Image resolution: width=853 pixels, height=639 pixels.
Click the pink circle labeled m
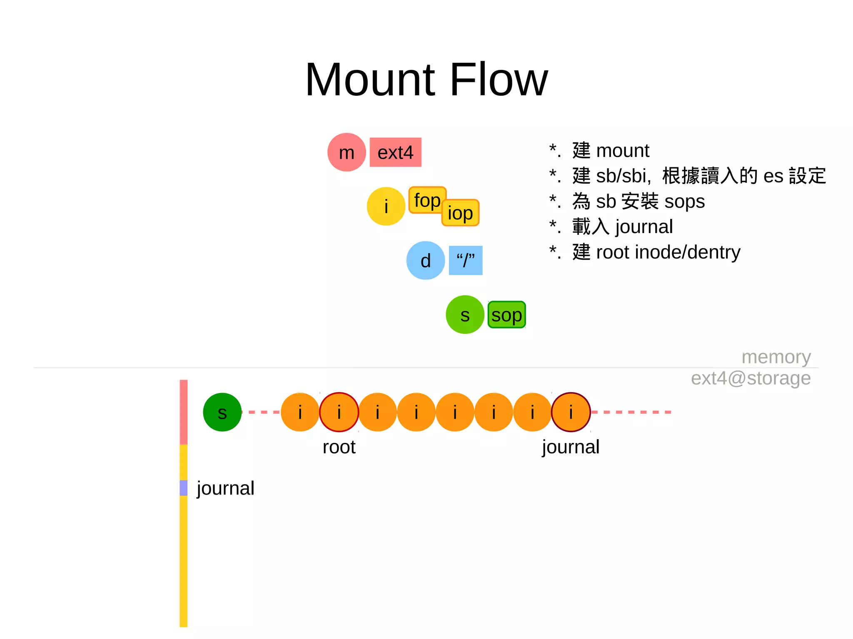pos(347,152)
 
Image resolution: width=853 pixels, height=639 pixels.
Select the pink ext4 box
pos(395,152)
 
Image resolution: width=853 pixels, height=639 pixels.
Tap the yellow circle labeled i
pos(386,206)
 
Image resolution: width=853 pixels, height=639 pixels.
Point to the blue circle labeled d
pos(425,261)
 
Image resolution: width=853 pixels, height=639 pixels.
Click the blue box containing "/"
pos(465,261)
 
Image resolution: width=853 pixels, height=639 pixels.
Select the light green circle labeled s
pos(465,315)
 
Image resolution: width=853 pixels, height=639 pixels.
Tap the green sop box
pos(506,315)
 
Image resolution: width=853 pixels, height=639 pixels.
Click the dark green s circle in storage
pos(222,412)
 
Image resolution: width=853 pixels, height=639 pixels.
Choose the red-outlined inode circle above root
pos(339,412)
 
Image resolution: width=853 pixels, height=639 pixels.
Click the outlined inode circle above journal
pos(571,412)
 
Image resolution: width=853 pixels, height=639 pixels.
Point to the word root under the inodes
pos(339,447)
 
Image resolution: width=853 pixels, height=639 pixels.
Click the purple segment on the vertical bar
pos(183,488)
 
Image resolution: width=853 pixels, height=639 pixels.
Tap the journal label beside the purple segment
pos(225,488)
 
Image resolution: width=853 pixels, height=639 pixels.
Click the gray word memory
pos(776,357)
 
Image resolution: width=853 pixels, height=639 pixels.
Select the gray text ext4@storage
pos(751,378)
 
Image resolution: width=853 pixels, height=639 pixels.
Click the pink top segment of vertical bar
pos(183,412)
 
